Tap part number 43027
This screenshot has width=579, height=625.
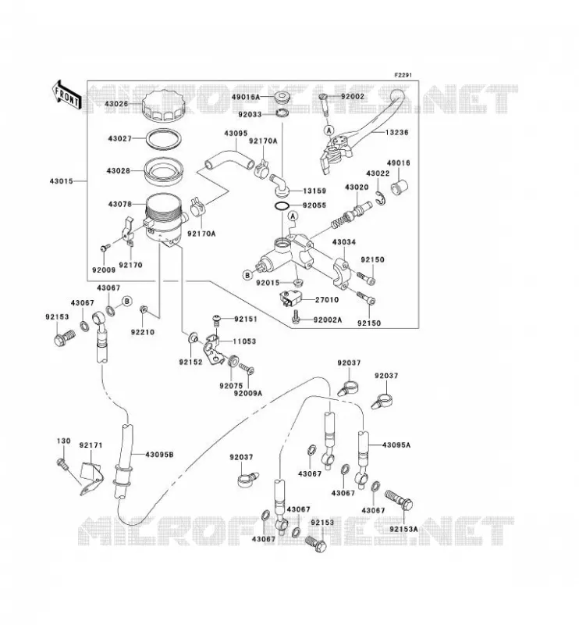119,139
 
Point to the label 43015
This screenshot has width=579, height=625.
62,181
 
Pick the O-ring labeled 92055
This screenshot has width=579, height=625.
282,206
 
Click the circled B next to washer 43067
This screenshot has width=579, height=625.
126,301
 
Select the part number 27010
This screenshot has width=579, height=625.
327,300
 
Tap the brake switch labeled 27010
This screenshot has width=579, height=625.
291,298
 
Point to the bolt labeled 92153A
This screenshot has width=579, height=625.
399,501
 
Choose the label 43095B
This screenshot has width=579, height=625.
159,455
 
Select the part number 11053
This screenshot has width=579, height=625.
244,341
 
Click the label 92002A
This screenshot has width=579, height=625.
328,320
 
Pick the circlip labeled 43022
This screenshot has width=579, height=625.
380,198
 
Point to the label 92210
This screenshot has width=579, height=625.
142,332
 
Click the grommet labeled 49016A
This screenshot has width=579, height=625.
282,98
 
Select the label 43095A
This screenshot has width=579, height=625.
396,445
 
